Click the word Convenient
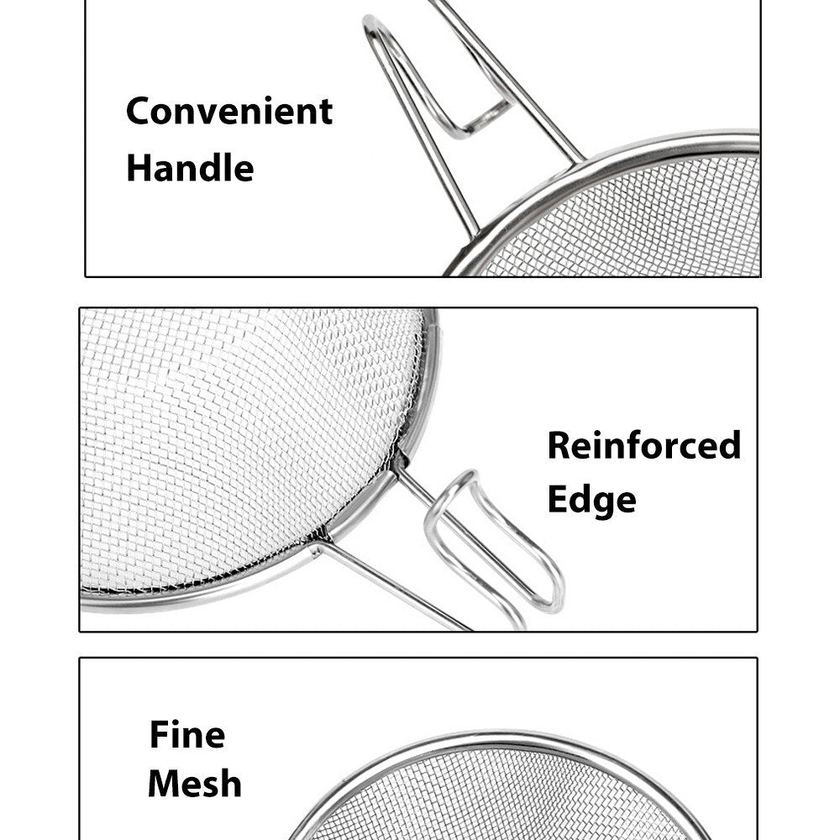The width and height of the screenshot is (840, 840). coord(229,111)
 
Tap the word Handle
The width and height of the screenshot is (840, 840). coord(190,167)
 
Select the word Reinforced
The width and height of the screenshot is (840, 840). coord(644,444)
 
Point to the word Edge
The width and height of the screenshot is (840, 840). coord(592,501)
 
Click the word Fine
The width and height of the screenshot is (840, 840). coord(187,734)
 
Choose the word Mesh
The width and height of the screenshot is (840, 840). coord(195,783)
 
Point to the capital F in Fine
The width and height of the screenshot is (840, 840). coord(159,734)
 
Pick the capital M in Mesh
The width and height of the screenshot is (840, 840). coord(164,784)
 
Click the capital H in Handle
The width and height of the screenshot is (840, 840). coord(139,168)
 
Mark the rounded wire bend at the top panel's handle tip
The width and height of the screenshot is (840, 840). coord(372,24)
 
